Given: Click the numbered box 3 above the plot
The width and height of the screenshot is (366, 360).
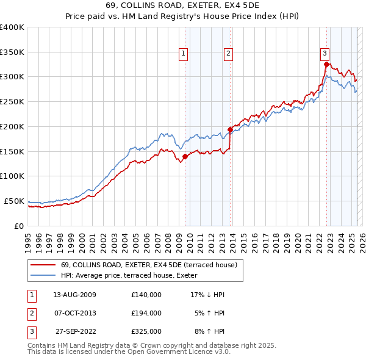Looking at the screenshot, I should coord(325,54).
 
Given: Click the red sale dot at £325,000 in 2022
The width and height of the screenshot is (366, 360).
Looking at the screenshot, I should coord(327,64).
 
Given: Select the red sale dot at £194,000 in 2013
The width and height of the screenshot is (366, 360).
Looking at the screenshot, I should coord(230,129).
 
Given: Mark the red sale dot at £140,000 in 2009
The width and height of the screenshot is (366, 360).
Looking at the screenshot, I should coord(185,156).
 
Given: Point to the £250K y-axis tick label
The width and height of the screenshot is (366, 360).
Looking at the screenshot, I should coord(12,101).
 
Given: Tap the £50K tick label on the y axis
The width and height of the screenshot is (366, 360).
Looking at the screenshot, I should coord(14,201).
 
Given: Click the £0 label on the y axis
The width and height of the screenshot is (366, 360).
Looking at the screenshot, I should coord(19,226).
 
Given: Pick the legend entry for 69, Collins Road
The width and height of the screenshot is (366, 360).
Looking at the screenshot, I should coord(144,265).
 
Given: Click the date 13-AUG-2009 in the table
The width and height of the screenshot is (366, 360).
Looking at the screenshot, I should coord(74,295).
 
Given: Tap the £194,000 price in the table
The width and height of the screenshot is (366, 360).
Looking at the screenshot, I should coord(146,313).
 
